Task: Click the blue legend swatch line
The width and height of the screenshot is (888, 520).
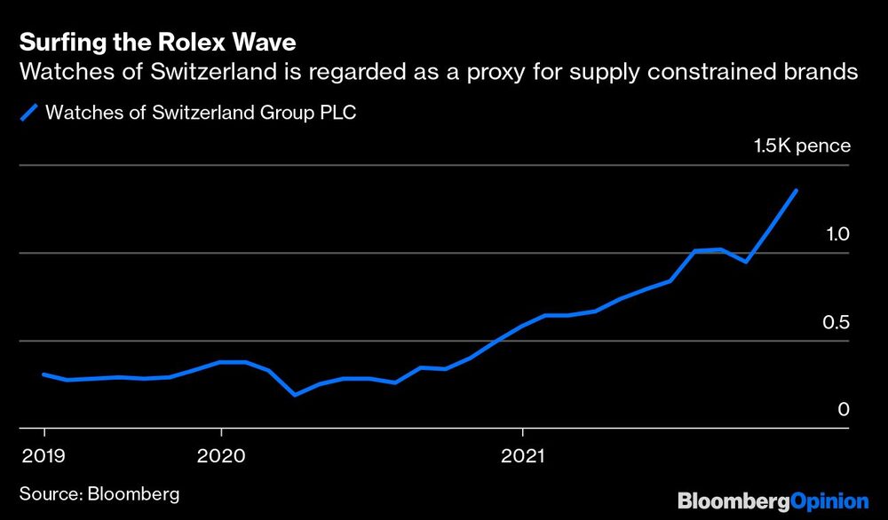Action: click(29, 113)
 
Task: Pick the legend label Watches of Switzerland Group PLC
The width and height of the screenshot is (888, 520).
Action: click(201, 113)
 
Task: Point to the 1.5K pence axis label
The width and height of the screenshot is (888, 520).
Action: click(802, 146)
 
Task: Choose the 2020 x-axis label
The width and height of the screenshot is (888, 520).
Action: click(221, 458)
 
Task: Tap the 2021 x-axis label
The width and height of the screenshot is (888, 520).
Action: click(523, 458)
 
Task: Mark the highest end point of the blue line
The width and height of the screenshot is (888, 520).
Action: click(796, 191)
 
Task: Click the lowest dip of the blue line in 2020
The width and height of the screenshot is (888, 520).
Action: click(295, 395)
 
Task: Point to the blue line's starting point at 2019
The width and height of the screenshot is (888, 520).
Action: click(44, 374)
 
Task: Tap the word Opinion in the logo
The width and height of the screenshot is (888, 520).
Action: click(829, 501)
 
